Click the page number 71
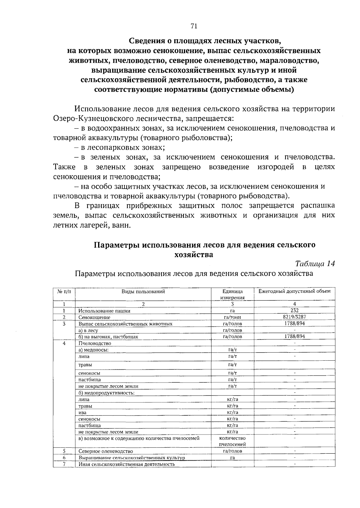point(193,26)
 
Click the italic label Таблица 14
point(315,263)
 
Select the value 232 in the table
point(294,311)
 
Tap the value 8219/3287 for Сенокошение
point(294,317)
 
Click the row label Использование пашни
point(104,311)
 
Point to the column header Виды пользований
point(143,291)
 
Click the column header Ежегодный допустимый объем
point(294,291)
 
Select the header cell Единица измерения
point(232,294)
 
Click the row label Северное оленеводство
point(106,451)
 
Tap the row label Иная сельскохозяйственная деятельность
point(127,464)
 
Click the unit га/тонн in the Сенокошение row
point(232,317)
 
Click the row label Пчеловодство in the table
point(95,343)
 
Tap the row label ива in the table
point(82,413)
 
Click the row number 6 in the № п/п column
point(64,458)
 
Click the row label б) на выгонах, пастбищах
point(108,337)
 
